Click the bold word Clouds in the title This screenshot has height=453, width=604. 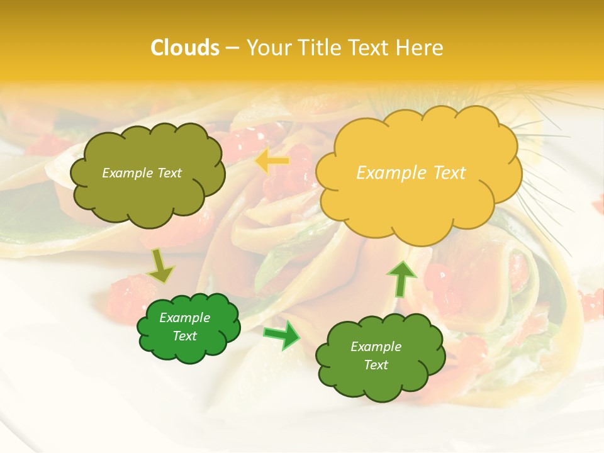(185, 48)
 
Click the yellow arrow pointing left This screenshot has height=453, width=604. (272, 162)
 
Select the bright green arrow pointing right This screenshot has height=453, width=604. (281, 335)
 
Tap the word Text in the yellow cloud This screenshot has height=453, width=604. (449, 173)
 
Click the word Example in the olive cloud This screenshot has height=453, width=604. (128, 173)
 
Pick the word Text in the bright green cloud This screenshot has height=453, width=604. (185, 336)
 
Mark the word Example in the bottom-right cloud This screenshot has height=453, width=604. (376, 347)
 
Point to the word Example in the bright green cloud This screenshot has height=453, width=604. (185, 318)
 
